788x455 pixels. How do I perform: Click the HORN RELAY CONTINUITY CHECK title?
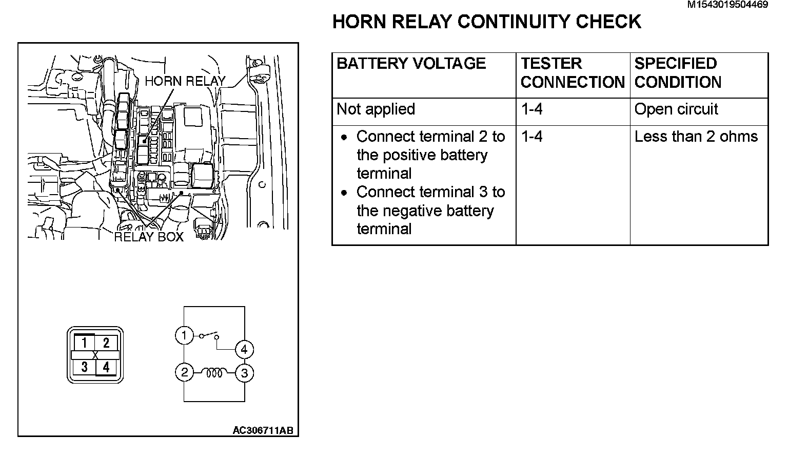(x=486, y=22)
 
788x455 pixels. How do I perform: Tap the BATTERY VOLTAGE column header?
(x=411, y=64)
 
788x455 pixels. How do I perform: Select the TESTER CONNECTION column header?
(x=572, y=73)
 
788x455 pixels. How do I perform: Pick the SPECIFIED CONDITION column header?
(x=678, y=73)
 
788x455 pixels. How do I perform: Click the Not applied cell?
(x=376, y=109)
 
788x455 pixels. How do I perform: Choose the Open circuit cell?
(x=676, y=109)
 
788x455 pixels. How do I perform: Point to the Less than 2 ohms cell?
(x=696, y=137)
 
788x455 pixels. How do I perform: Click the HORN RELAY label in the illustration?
(x=185, y=81)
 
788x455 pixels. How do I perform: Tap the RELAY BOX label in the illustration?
(x=149, y=237)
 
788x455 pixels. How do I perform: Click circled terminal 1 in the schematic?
(x=184, y=335)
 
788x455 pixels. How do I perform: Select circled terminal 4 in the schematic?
(x=244, y=350)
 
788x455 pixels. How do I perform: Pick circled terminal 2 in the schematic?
(x=184, y=372)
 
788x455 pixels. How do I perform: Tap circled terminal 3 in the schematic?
(x=244, y=373)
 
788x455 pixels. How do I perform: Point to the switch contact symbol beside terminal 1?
(x=209, y=336)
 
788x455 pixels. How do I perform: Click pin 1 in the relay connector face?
(x=85, y=343)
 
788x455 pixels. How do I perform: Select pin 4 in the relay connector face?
(x=106, y=367)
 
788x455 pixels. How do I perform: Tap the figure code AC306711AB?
(x=263, y=430)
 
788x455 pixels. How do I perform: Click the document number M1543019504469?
(x=727, y=5)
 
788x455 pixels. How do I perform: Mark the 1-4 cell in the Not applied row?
(x=531, y=109)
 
